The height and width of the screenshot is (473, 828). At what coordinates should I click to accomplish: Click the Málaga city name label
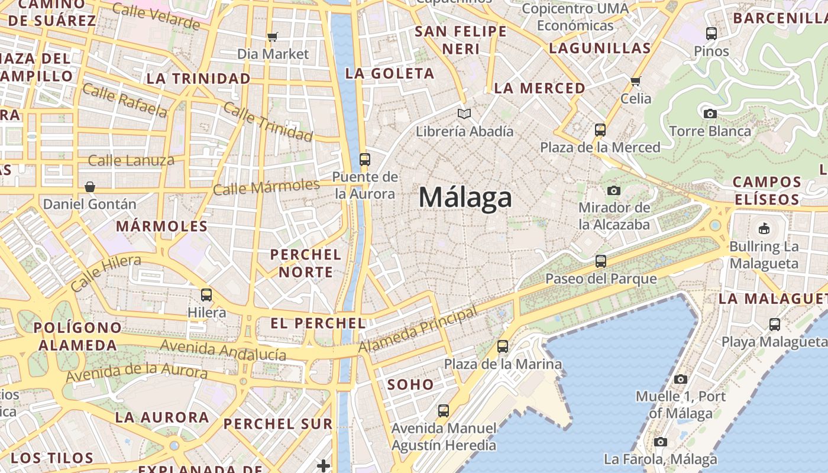click(x=465, y=197)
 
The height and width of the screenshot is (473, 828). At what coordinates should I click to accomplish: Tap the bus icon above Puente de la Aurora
click(x=364, y=159)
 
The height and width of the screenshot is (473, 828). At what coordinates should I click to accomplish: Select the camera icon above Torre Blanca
click(x=710, y=114)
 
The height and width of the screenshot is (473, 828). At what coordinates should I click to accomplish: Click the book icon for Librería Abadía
click(x=464, y=114)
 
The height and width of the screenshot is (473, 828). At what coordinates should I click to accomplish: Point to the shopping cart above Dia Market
click(x=272, y=37)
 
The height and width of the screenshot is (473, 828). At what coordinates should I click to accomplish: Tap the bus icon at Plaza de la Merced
click(x=600, y=129)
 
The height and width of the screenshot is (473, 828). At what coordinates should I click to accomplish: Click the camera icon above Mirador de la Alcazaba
click(x=614, y=190)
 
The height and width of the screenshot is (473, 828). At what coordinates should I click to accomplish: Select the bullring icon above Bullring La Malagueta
click(x=764, y=228)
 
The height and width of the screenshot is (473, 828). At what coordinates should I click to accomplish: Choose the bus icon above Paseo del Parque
click(x=601, y=261)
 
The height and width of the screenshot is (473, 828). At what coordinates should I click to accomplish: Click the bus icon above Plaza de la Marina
click(x=503, y=346)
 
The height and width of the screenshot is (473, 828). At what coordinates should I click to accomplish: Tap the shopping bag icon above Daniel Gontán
click(x=90, y=187)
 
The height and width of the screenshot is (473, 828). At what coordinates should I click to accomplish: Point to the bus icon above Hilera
click(x=206, y=294)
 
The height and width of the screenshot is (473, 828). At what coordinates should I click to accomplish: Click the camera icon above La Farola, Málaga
click(x=660, y=442)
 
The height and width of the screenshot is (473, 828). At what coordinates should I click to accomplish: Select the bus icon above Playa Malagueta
click(x=774, y=324)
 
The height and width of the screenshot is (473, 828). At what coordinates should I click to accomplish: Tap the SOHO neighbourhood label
click(x=410, y=384)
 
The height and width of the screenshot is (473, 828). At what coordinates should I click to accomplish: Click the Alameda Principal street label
click(x=418, y=330)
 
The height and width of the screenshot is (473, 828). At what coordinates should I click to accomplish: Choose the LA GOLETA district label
click(x=390, y=74)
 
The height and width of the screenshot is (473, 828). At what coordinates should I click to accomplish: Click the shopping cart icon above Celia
click(x=636, y=81)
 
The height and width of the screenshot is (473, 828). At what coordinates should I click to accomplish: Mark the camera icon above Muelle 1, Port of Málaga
click(x=681, y=379)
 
